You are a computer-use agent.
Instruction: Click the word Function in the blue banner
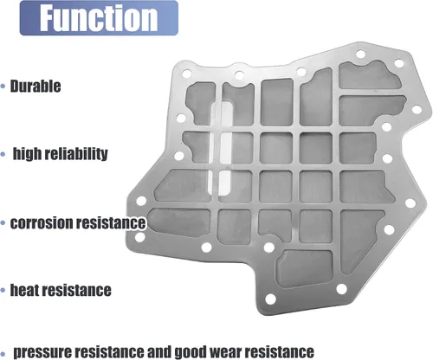(x=99, y=18)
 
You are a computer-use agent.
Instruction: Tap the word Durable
(x=36, y=86)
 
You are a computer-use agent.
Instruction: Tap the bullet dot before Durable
(x=3, y=86)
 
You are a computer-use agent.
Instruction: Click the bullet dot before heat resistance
(x=3, y=290)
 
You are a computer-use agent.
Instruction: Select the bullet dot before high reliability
(x=3, y=154)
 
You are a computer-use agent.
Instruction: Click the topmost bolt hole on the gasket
(x=360, y=54)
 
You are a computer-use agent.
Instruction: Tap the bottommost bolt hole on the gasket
(x=270, y=299)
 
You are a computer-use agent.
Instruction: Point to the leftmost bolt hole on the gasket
(x=139, y=237)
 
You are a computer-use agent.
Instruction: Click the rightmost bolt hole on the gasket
(x=417, y=110)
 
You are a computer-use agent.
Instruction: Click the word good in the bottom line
(x=191, y=352)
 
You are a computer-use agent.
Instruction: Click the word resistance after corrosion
(x=110, y=223)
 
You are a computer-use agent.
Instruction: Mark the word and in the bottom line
(x=160, y=352)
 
